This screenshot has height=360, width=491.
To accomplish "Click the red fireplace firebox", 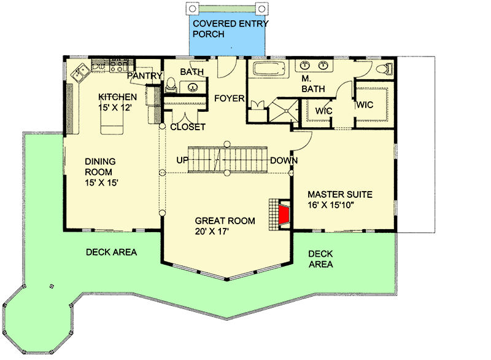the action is point(284,214).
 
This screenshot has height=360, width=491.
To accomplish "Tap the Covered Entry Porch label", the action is point(231,29).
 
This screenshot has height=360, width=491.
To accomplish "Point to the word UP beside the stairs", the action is point(182,160).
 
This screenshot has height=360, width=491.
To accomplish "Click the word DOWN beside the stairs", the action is point(284,160).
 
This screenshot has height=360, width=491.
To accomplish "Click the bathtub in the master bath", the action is point(270,69).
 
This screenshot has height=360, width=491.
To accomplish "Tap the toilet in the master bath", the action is point(384,69).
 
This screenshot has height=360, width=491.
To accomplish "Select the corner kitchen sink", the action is point(80,72).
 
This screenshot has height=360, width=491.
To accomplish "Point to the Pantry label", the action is point(145,76).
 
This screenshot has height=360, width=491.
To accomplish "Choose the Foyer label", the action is point(229,98).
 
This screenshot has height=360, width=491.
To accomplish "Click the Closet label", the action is point(188,127).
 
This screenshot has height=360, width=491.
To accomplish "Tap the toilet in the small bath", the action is point(171,85).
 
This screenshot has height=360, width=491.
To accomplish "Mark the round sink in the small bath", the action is point(193,87).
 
